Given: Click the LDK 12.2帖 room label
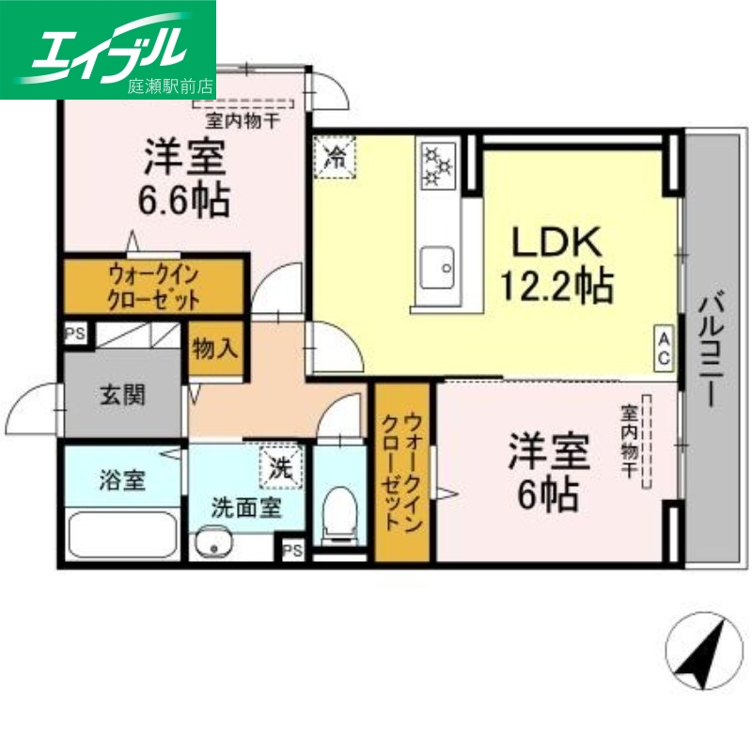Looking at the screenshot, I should coord(561,266).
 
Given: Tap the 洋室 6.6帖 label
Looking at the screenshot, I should coord(185,179).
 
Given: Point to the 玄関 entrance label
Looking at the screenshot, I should coord(123,395).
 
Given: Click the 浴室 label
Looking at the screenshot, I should coord(122,480).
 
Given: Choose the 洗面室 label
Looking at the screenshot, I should coord(244,509).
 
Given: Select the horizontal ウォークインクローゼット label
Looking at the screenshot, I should coord(154,287).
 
